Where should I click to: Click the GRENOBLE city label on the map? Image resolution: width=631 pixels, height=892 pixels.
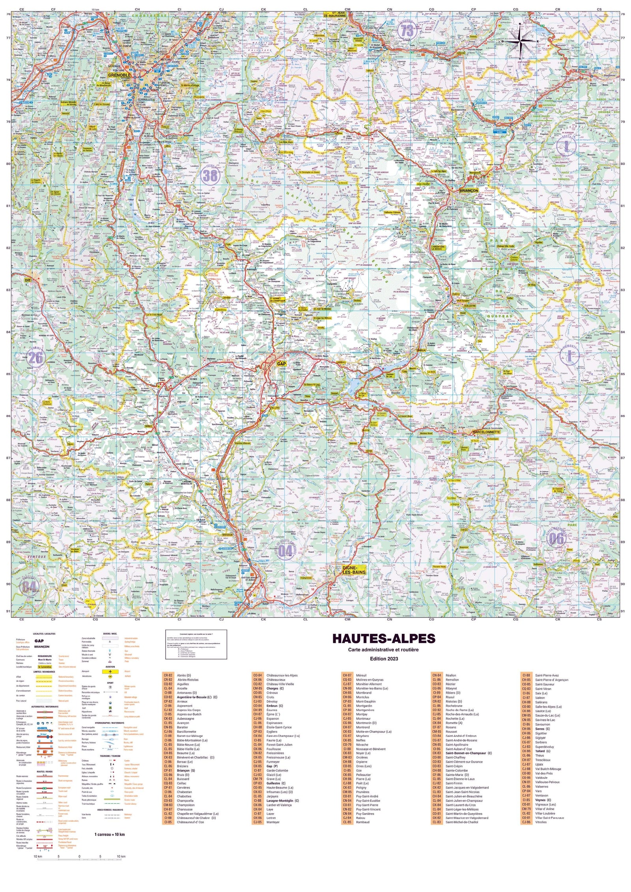pyautogui.click(x=119, y=75)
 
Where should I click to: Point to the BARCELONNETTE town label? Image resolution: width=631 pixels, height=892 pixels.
pyautogui.click(x=486, y=432)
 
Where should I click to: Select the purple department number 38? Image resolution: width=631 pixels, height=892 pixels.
pyautogui.click(x=210, y=175)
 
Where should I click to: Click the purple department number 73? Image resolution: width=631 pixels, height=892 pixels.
pyautogui.click(x=407, y=31)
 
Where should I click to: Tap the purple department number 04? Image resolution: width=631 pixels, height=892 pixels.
pyautogui.click(x=285, y=550)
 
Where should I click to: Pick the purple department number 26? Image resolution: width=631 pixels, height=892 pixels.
pyautogui.click(x=35, y=358)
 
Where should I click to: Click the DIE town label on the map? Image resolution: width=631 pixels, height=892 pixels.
pyautogui.click(x=28, y=280)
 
